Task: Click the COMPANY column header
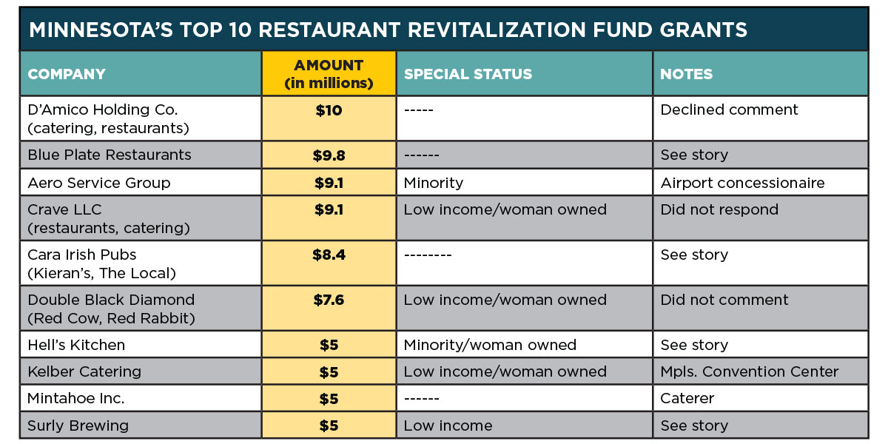click(67, 74)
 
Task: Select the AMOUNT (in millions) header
click(329, 74)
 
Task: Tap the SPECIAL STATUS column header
click(468, 74)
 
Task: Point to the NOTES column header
click(686, 74)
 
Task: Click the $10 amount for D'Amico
click(329, 110)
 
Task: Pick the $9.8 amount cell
click(329, 155)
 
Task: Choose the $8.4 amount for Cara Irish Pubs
click(329, 255)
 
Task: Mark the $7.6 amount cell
click(329, 300)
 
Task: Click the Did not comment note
click(724, 300)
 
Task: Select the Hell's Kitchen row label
click(76, 345)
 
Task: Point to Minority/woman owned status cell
click(490, 345)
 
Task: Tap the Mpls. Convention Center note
click(750, 371)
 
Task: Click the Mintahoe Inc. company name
click(75, 398)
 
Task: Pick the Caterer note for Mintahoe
click(687, 398)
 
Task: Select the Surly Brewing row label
click(78, 425)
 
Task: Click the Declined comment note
click(729, 110)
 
